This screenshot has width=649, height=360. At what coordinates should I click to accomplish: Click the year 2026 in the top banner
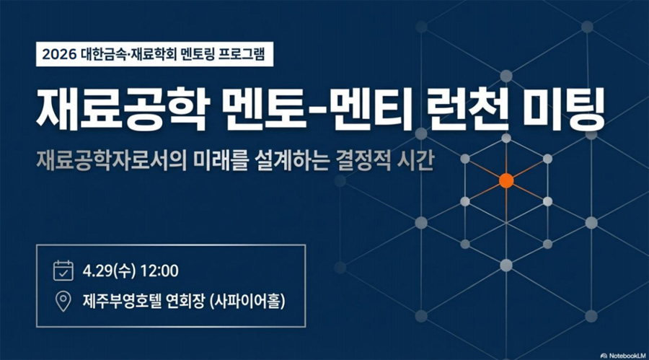coord(60,54)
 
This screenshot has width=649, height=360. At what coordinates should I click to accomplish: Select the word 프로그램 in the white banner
coord(242,54)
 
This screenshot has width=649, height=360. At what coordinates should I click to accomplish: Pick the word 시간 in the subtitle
coord(415,161)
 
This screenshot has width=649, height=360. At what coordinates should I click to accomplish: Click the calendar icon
coord(63,271)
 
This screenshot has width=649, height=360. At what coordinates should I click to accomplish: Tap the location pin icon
coord(63,301)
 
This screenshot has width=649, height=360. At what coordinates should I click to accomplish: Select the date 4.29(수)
coord(109,271)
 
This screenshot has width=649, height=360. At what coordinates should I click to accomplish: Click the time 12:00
coord(160,271)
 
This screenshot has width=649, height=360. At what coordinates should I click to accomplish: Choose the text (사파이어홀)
coord(248,301)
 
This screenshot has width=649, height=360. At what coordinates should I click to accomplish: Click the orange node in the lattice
coord(506,180)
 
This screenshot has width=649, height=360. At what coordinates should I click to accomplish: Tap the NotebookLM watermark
coord(623,356)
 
